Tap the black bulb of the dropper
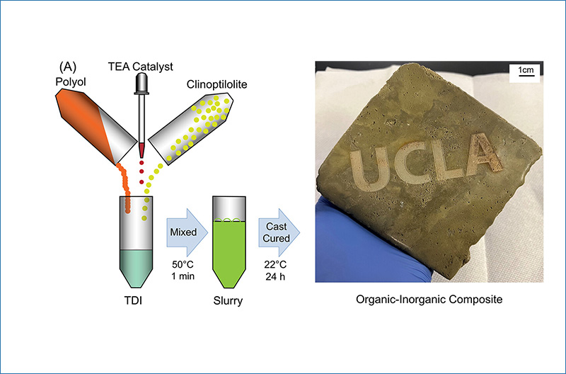click(142, 82)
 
